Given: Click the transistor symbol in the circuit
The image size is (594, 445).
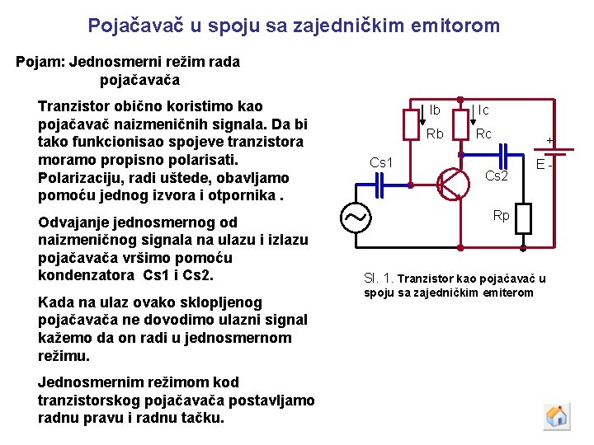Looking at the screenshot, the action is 451,183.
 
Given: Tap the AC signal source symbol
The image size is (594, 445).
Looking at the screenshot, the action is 356,218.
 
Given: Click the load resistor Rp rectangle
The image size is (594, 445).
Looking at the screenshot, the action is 524,218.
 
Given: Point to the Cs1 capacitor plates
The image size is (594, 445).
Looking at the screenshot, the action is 379,187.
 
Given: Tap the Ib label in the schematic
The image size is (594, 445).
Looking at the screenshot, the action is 434,110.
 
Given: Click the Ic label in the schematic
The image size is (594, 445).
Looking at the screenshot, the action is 483,110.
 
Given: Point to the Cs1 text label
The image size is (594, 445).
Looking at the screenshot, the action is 381,163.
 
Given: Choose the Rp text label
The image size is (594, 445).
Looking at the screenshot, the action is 501,216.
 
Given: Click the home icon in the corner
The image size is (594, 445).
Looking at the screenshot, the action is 557,415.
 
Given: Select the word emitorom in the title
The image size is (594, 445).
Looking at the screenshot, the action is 458,26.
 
